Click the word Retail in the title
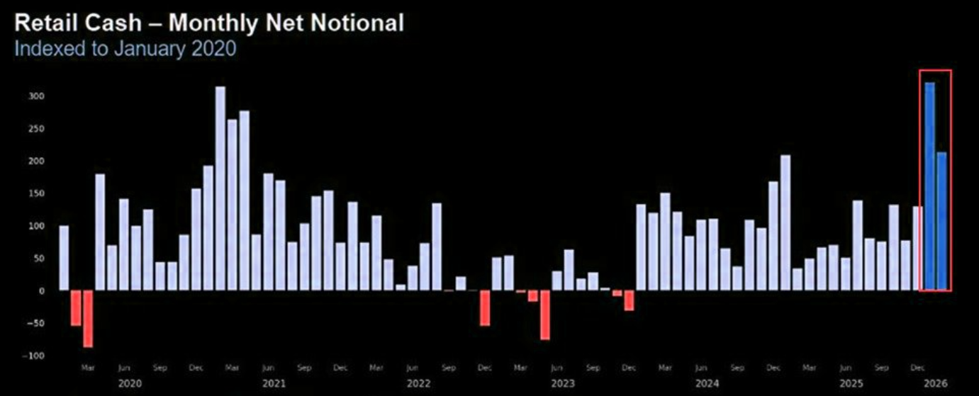tap(46, 23)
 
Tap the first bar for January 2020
tap(64, 258)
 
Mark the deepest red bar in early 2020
tap(88, 319)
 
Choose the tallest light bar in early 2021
tap(220, 188)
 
